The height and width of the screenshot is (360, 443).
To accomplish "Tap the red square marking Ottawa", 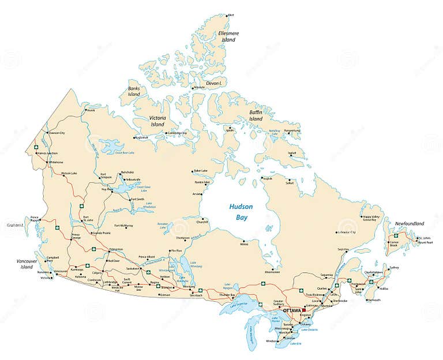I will [304, 310].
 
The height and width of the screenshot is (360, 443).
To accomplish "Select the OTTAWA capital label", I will [292, 310].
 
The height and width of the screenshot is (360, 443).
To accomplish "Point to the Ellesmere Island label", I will [228, 36].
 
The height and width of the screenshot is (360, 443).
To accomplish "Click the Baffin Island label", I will [256, 115].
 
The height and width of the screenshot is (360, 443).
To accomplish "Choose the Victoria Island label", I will [158, 121].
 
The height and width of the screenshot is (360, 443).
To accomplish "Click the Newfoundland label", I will [410, 223].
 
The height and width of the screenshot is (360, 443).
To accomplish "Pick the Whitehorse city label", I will [56, 162].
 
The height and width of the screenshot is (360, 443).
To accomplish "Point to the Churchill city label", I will [202, 222].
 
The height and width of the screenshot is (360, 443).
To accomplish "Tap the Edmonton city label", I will [116, 249].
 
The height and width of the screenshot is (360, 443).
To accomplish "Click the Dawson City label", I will [57, 133].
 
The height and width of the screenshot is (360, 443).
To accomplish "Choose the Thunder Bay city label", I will [230, 295].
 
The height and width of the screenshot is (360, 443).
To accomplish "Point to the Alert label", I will [231, 15].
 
